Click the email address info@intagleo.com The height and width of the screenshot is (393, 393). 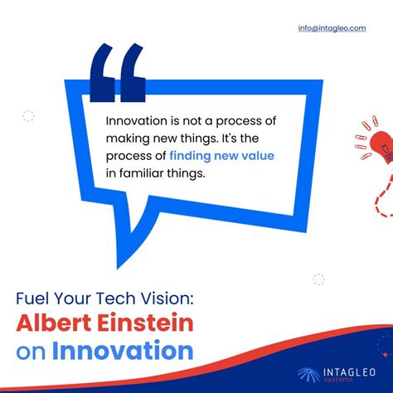point(332,27)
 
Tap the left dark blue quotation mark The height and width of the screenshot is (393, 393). point(103,73)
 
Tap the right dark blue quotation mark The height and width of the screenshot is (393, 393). point(132,73)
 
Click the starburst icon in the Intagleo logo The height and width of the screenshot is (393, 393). point(309,375)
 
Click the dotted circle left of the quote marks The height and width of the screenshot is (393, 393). point(28,116)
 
